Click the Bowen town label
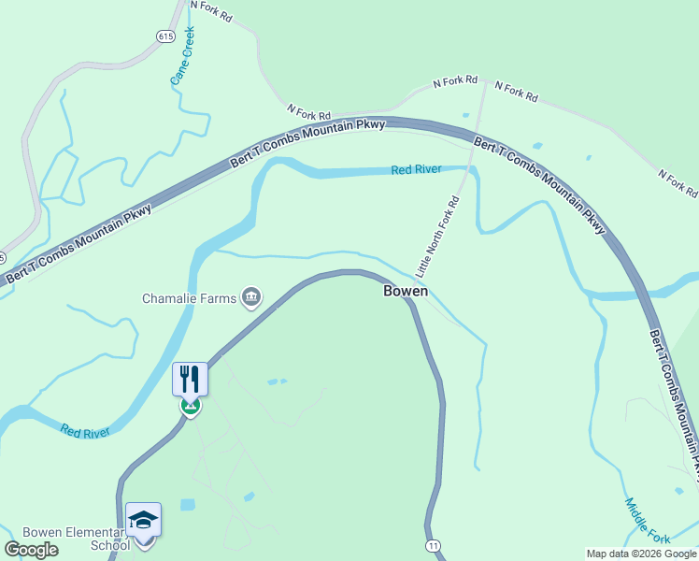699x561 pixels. tap(406, 291)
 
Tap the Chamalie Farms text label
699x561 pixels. tap(190, 299)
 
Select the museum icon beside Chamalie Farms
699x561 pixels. tap(251, 298)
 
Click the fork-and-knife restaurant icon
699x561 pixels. tap(190, 379)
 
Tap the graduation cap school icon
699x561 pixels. tap(144, 520)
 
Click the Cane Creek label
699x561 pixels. tap(182, 56)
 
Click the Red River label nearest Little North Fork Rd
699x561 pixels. tap(416, 169)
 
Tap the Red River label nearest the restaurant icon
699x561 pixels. tap(86, 431)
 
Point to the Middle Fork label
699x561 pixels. tap(647, 522)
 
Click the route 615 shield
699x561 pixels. tap(166, 36)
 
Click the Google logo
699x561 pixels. tap(31, 550)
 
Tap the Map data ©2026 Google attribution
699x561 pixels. tap(641, 554)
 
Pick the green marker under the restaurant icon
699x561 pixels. tap(190, 407)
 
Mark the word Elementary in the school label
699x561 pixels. tap(93, 533)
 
